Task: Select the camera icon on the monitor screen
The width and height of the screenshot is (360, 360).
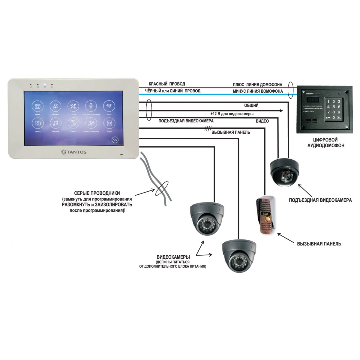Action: [37, 123]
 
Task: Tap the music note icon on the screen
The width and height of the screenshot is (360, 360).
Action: [55, 123]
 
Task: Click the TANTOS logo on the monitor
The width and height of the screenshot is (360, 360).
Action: [74, 152]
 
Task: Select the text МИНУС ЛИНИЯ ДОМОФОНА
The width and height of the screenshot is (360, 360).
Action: [258, 91]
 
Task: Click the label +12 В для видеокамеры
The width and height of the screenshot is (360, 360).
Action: [232, 114]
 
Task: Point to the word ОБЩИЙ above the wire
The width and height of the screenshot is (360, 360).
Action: [251, 106]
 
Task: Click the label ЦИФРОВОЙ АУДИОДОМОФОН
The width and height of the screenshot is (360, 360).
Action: [325, 142]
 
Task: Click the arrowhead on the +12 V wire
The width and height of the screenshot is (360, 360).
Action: [281, 111]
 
